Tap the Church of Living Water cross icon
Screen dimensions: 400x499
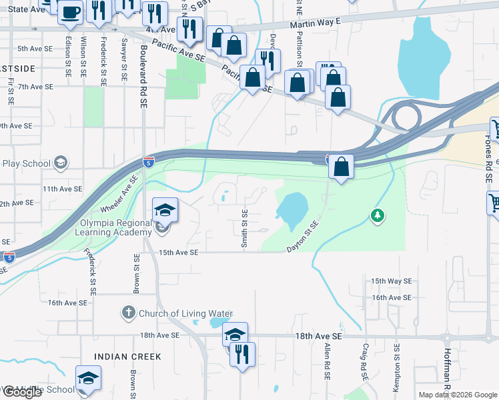[129, 313]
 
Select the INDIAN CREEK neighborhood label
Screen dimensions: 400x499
[127, 357]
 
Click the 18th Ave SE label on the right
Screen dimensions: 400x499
[318, 337]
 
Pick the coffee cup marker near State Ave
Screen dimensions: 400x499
[70, 11]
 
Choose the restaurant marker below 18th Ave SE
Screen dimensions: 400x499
[242, 353]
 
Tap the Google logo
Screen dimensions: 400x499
[22, 392]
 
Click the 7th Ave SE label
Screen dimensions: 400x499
[35, 87]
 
